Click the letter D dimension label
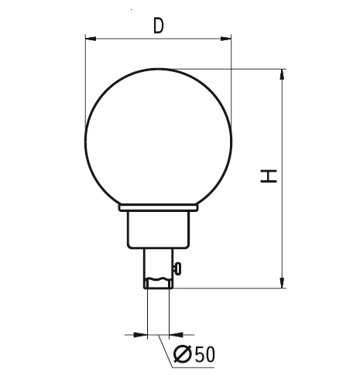tap(159, 26)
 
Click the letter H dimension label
tap(269, 176)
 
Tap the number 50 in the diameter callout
tap(204, 354)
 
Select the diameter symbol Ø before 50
tap(183, 354)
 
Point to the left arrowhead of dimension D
tap(91, 39)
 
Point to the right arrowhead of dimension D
tap(226, 39)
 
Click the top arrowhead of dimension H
tap(283, 74)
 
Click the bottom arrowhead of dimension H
tap(283, 282)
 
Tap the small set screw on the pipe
tap(178, 269)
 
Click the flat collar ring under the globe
tap(159, 208)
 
